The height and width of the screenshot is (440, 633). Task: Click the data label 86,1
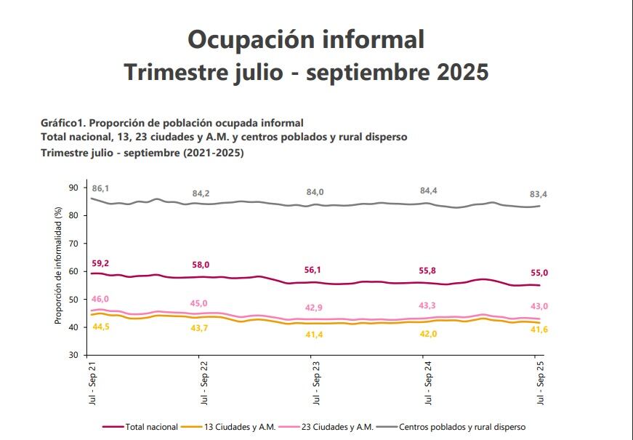100,188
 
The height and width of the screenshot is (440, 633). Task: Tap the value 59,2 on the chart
100,263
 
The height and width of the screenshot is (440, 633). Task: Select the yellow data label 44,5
100,327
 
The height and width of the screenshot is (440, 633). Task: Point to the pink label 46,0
100,299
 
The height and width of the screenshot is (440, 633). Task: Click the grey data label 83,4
539,193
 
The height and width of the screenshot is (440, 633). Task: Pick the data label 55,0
539,273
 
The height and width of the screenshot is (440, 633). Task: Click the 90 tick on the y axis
73,188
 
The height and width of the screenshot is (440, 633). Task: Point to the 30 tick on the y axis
73,355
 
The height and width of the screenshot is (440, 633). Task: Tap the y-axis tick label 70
73,244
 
